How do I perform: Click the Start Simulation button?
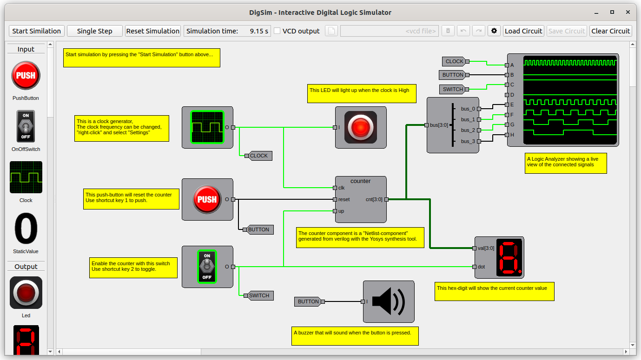click(x=36, y=31)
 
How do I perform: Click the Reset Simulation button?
click(x=152, y=31)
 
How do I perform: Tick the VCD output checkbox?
click(x=277, y=31)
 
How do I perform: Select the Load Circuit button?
click(x=523, y=31)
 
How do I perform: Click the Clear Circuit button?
click(x=611, y=31)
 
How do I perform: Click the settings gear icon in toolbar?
click(x=494, y=31)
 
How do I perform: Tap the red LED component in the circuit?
click(x=361, y=127)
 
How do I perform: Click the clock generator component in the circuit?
click(x=207, y=127)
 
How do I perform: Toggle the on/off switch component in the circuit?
click(x=207, y=267)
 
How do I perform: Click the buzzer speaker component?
click(x=389, y=301)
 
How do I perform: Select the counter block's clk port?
click(x=335, y=188)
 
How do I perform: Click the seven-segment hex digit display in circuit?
click(x=509, y=257)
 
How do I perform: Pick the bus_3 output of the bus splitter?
click(x=478, y=141)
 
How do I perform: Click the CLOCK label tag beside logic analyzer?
click(x=454, y=61)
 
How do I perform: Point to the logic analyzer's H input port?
click(x=507, y=135)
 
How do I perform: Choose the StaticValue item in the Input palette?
click(x=26, y=229)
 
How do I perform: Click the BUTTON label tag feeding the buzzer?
click(x=308, y=301)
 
